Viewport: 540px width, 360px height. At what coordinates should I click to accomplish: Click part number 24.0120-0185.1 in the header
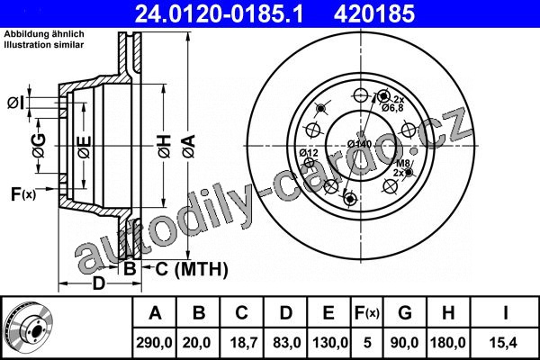[219, 14]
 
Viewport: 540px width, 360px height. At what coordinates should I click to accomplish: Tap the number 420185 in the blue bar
[374, 14]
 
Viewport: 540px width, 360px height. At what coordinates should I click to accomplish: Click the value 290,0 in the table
[154, 343]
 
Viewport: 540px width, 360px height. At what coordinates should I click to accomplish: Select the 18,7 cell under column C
[241, 343]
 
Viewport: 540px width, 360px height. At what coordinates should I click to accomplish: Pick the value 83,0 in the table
[287, 343]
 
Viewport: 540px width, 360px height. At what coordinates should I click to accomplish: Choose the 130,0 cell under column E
[330, 343]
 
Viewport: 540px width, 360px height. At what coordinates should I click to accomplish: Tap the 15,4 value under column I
[505, 343]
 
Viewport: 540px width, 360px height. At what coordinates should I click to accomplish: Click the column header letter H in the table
[447, 313]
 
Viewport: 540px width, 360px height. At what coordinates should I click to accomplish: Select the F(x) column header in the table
[367, 313]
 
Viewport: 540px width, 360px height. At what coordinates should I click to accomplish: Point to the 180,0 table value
[447, 343]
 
